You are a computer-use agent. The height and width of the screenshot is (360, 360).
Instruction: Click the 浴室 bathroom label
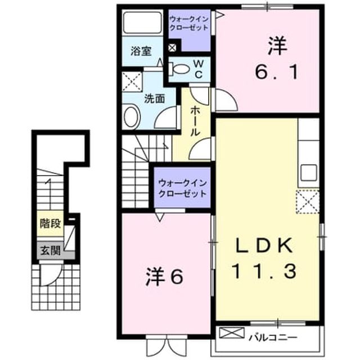point(141,51)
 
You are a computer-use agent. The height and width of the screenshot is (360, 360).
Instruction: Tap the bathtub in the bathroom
point(142,22)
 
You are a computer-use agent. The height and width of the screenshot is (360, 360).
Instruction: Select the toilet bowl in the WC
point(179,69)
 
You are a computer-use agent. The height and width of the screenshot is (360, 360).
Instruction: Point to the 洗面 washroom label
point(154,98)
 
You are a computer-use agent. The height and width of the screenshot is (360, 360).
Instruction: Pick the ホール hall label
point(195,121)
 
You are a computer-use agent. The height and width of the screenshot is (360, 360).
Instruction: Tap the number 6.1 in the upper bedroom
point(277,72)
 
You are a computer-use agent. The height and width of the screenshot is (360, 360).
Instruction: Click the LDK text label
point(263,245)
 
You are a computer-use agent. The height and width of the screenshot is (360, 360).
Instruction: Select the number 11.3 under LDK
point(264,271)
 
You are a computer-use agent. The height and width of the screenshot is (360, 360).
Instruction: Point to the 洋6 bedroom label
point(164,277)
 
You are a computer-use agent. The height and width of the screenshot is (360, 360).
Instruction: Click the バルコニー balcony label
point(273,337)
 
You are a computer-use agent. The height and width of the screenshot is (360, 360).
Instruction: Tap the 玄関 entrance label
point(51,250)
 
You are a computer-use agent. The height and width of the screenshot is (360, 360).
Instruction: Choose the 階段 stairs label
point(50,223)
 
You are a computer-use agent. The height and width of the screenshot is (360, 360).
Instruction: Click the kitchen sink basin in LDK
point(309,173)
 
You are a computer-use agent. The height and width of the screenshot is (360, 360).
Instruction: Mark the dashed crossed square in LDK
point(308,201)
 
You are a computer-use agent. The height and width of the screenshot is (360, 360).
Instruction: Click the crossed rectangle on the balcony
point(231,333)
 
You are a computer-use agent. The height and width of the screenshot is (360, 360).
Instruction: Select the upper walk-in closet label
point(189,24)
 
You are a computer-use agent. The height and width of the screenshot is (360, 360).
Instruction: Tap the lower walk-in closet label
point(182,188)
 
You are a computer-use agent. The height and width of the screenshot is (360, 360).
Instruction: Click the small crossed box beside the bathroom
point(172,48)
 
